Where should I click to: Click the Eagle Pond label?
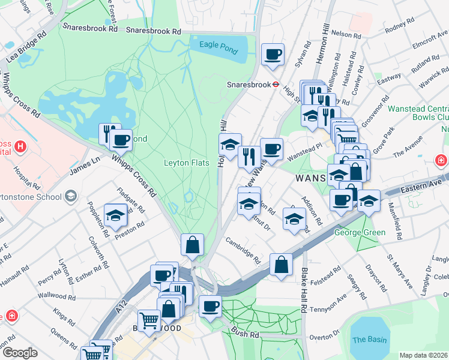pyautogui.click(x=218, y=44)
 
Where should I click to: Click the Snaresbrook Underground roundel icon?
pyautogui.click(x=275, y=85)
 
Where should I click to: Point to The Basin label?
pyautogui.click(x=369, y=340)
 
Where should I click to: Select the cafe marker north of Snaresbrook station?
pyautogui.click(x=273, y=54)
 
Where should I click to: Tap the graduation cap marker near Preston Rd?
pyautogui.click(x=115, y=215)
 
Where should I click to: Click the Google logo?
pyautogui.click(x=20, y=353)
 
